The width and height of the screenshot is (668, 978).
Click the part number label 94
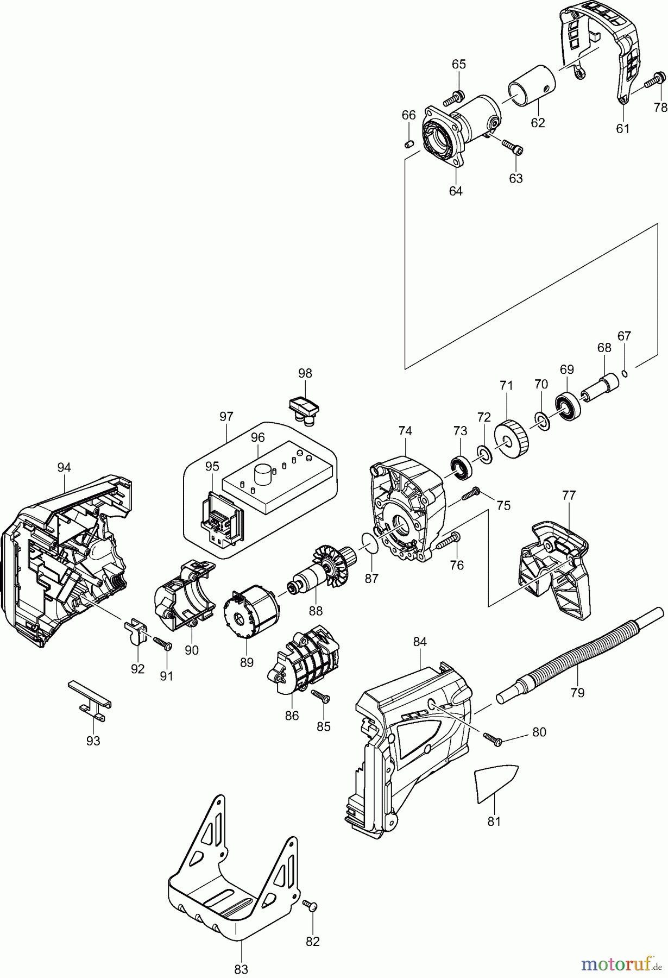64,467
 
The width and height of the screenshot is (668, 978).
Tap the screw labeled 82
311,905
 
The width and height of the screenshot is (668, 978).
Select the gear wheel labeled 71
512,439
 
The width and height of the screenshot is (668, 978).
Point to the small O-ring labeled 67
625,373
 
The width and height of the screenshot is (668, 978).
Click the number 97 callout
226,417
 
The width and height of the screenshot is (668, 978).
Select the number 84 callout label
420,642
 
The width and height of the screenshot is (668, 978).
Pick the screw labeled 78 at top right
655,80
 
